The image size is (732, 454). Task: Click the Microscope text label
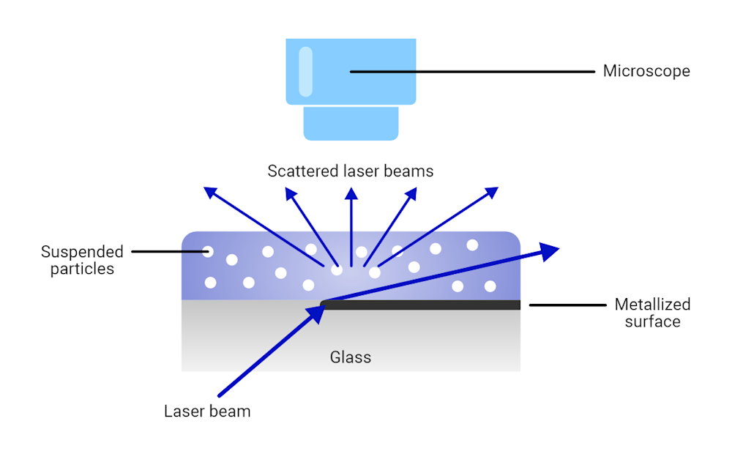pyautogui.click(x=646, y=72)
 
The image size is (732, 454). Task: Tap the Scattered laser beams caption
pyautogui.click(x=351, y=171)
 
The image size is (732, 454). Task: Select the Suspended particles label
pyautogui.click(x=82, y=261)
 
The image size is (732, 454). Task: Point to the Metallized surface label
pyautogui.click(x=652, y=313)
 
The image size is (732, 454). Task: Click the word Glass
pyautogui.click(x=351, y=358)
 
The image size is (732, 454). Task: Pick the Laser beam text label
pyautogui.click(x=207, y=412)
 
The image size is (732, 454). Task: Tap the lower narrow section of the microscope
pyautogui.click(x=351, y=123)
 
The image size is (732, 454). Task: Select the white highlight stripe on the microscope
pyautogui.click(x=306, y=72)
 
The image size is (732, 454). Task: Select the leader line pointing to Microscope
pyautogui.click(x=472, y=72)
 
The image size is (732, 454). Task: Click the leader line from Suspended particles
pyautogui.click(x=168, y=252)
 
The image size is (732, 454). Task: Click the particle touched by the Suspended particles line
pyautogui.click(x=208, y=253)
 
